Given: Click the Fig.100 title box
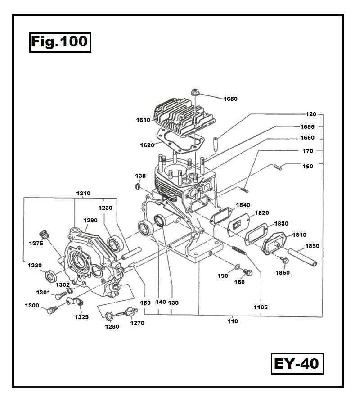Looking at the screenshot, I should point(60,42).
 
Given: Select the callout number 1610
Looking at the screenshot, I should point(144,120).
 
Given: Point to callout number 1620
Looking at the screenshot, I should point(147,145).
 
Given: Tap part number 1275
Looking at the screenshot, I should point(36,243).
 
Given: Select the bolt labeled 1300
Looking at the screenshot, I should point(51,310).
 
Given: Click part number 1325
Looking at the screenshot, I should point(82,317).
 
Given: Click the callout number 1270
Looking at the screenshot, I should point(137,323).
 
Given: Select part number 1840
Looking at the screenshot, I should point(243,205).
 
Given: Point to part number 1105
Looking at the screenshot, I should point(260,307).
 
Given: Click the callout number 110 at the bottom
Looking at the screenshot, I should point(233,321).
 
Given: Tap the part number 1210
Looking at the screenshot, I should point(83,193).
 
